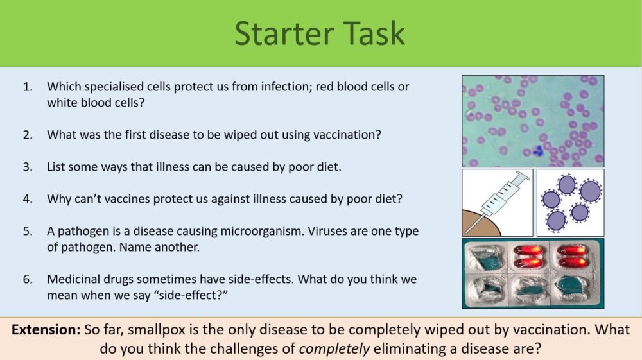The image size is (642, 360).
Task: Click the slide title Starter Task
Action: (x=320, y=33)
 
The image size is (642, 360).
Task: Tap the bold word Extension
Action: (x=46, y=330)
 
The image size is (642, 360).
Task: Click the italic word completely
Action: (x=334, y=349)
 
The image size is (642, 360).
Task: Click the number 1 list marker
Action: (x=28, y=87)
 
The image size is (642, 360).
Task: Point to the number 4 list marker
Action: (x=28, y=199)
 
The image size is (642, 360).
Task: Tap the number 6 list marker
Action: (x=28, y=279)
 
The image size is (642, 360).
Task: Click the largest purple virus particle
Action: (x=590, y=191)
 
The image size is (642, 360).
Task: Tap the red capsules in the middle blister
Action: (x=528, y=256)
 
